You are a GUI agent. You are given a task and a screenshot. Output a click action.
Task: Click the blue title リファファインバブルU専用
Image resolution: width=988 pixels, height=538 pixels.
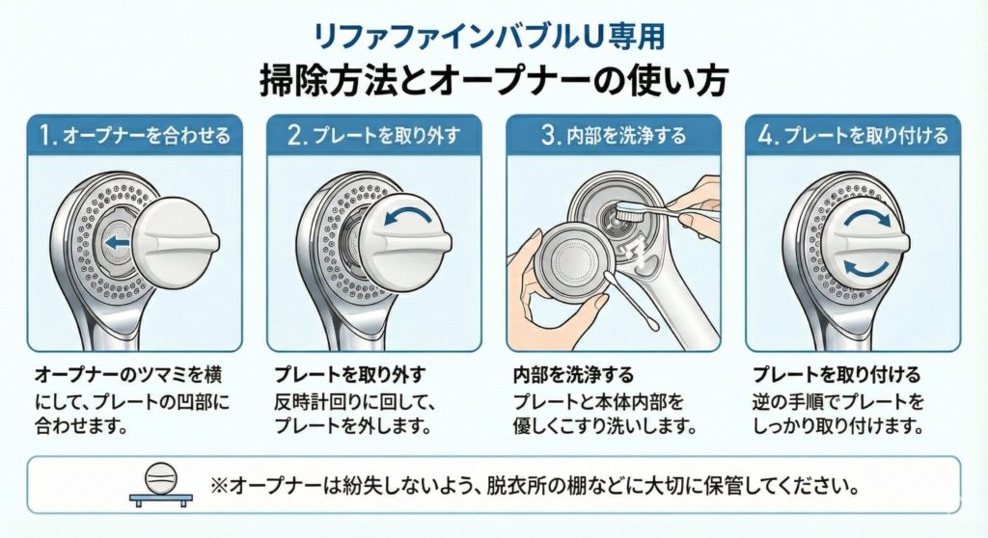coord(489,37)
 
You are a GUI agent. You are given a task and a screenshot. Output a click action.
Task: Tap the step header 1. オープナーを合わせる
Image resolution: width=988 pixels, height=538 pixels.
coord(134,135)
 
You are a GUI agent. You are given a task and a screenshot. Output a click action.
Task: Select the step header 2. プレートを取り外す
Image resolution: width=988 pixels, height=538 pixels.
coord(374,135)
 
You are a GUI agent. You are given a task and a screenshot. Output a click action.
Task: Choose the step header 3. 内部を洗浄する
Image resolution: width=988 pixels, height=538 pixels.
coord(614,135)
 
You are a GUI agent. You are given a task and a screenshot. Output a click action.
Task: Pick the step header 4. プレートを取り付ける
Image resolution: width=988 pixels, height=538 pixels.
coord(853,135)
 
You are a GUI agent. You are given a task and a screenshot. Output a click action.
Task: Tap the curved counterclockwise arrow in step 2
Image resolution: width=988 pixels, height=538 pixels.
coord(408,217)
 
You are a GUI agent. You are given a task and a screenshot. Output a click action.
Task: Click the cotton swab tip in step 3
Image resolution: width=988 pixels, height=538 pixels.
coord(611,279)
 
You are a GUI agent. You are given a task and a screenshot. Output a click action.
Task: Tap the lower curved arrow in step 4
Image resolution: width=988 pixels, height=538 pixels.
coord(867,268)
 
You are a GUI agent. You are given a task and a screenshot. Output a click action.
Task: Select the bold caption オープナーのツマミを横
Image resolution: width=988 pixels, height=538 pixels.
coord(128,375)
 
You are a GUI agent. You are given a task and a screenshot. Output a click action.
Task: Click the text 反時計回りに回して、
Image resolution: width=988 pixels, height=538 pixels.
coord(355,401)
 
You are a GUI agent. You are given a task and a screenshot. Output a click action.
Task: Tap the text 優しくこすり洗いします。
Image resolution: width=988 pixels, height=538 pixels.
coord(605,426)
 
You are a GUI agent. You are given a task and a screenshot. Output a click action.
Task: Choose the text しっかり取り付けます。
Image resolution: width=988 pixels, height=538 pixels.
coord(838,426)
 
